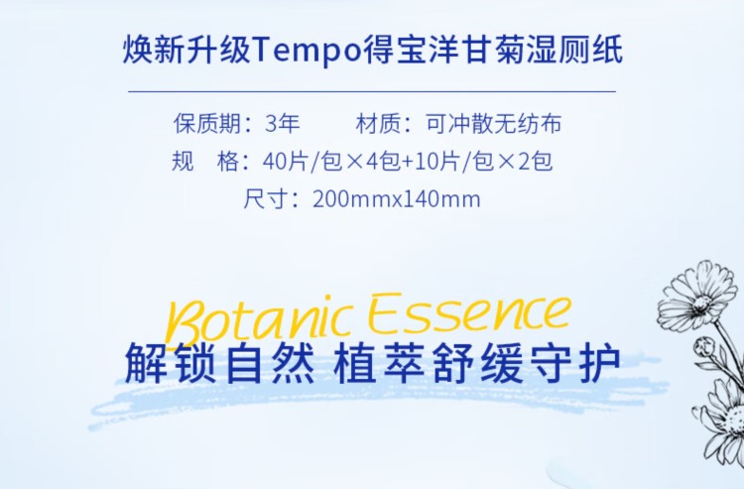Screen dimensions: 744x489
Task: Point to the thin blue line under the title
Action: (372, 90)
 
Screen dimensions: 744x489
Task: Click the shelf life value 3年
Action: (283, 124)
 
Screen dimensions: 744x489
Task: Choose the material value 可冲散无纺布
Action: (493, 124)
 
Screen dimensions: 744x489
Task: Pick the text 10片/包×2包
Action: (483, 162)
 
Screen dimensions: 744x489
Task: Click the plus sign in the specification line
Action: (408, 163)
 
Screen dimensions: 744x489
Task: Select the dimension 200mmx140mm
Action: (397, 199)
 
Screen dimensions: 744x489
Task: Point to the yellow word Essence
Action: (470, 312)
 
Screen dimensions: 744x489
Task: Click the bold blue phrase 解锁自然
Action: (220, 364)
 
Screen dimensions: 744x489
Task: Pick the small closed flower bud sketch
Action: (704, 348)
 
